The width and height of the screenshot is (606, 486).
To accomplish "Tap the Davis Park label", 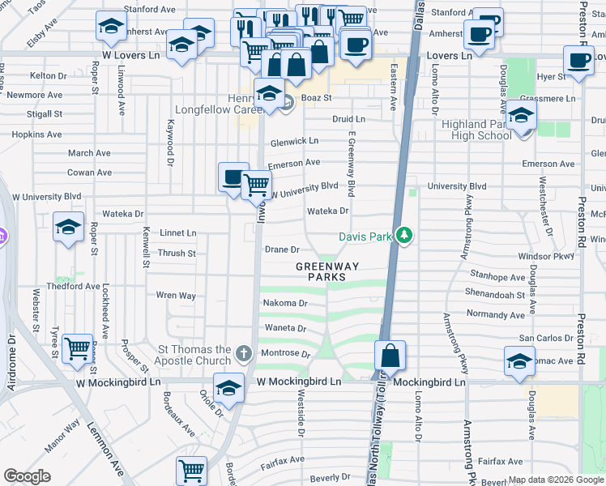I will pos(364,237).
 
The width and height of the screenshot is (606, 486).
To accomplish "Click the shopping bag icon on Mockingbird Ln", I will pos(390,356).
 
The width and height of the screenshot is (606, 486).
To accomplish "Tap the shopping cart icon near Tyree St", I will pos(78,350).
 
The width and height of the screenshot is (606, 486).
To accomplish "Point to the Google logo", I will pos(27,476).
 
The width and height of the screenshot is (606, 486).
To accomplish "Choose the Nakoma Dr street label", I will pos(285,303).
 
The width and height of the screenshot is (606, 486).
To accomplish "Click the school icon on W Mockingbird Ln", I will pos(229,388).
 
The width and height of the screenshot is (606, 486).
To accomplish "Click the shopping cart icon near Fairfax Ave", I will pos(191,470).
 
